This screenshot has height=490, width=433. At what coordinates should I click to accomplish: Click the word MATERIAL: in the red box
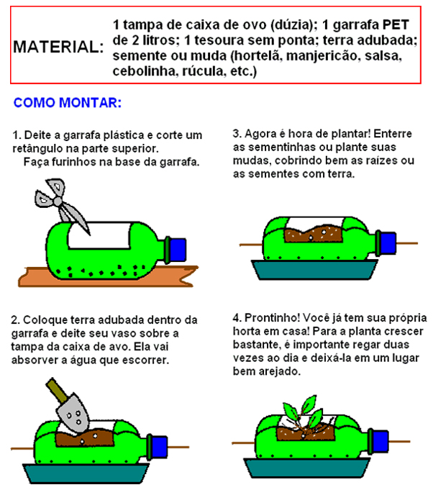coord(58,47)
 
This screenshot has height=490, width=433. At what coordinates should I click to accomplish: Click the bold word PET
coord(396,24)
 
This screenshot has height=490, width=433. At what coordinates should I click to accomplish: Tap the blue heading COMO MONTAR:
coord(68,102)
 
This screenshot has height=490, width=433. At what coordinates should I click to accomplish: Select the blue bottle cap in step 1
coord(178,250)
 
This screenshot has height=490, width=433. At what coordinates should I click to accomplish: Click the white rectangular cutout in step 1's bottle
coord(99,236)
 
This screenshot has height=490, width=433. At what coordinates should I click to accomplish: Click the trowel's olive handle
coord(56,390)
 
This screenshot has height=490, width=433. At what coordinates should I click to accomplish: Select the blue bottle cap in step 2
coord(160,446)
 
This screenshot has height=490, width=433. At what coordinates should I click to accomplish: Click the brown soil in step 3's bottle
coord(314,235)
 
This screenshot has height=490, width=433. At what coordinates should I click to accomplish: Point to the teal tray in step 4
coord(307,468)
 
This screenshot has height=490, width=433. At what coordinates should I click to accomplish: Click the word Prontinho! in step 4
coord(272,318)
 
